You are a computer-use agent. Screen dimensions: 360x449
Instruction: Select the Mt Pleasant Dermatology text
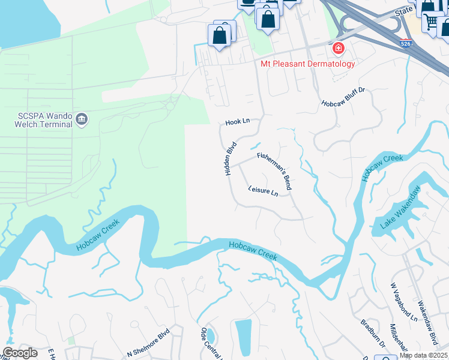(307, 64)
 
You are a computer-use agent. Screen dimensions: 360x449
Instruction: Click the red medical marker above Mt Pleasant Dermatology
(339, 48)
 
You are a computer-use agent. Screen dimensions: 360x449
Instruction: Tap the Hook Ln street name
(237, 122)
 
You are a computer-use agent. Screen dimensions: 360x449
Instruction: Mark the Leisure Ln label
(263, 191)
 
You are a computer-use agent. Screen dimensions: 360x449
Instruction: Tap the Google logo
(20, 353)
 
